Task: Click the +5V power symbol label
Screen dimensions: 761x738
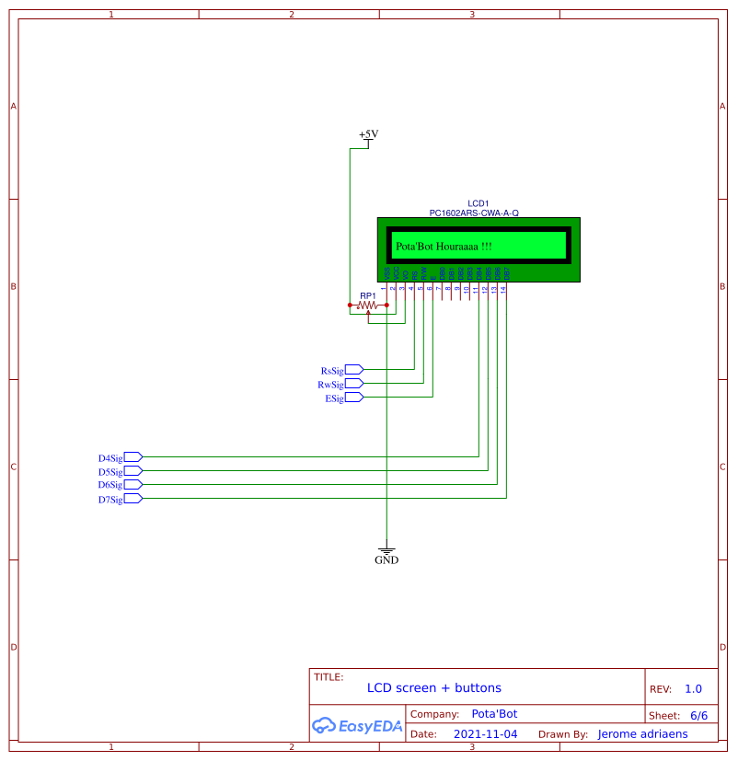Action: tap(368, 134)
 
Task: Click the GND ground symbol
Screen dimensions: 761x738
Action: tap(386, 548)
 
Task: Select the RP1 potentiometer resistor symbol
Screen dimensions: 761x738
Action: tap(368, 305)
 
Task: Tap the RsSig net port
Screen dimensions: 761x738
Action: tap(354, 370)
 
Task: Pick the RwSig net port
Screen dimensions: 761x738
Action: tap(354, 384)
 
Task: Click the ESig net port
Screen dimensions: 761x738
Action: tap(354, 398)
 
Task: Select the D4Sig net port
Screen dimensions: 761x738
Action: tap(133, 457)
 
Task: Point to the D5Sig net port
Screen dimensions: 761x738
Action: tap(133, 471)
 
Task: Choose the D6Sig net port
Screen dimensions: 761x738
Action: tap(133, 485)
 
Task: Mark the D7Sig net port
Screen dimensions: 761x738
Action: tap(133, 499)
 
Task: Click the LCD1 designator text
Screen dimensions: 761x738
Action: tap(478, 203)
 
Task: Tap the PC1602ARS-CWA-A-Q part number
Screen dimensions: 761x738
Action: tap(474, 213)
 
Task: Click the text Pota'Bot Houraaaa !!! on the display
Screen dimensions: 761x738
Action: tap(444, 247)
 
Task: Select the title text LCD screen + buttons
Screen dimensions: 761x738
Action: tap(434, 687)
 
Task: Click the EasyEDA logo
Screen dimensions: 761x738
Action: tap(357, 725)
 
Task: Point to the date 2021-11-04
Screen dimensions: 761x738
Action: tap(486, 734)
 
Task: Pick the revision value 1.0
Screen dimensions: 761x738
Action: tap(693, 688)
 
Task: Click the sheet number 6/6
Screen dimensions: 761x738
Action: tap(698, 715)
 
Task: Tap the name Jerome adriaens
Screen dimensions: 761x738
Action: tap(642, 734)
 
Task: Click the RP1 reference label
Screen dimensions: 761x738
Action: tap(368, 295)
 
